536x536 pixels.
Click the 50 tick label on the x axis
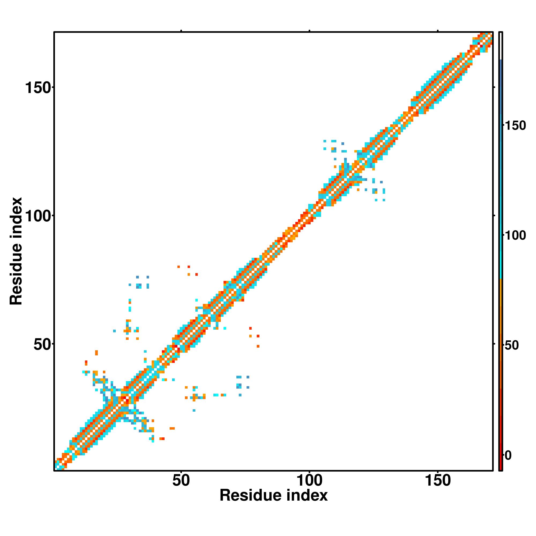click(x=181, y=481)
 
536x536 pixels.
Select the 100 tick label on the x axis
click(x=309, y=481)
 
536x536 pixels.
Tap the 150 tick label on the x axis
click(x=438, y=481)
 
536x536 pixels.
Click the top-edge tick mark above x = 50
click(x=181, y=31)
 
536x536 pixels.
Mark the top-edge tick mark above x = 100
click(x=309, y=31)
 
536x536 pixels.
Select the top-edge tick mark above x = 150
click(x=438, y=31)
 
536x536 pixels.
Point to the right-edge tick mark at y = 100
click(x=494, y=215)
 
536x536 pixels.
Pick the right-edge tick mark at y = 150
click(x=494, y=87)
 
